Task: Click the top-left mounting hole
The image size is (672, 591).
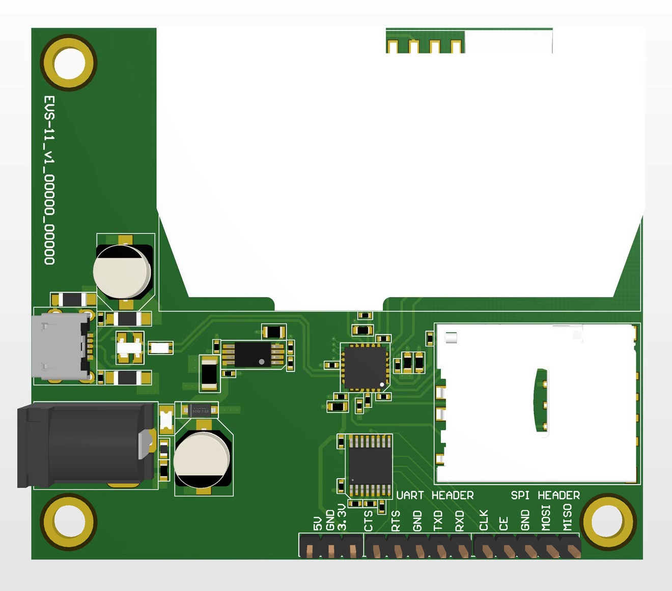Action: click(69, 63)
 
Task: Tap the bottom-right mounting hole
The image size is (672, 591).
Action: click(608, 522)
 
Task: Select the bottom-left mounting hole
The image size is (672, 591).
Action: click(69, 522)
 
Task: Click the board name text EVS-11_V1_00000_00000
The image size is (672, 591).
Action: click(49, 180)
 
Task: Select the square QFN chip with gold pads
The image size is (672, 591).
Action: click(365, 368)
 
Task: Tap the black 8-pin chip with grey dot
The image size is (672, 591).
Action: click(253, 354)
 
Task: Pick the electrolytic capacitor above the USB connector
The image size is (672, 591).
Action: click(123, 271)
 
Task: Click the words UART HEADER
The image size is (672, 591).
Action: click(435, 495)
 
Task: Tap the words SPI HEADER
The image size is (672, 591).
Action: click(545, 495)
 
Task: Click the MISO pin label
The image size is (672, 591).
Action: click(567, 517)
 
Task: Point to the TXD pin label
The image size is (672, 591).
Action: click(438, 521)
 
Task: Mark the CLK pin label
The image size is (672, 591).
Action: click(484, 520)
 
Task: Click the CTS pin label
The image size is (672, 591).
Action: click(369, 521)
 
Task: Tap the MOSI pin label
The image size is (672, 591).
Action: click(546, 517)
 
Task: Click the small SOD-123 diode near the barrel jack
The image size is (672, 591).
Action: click(200, 410)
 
